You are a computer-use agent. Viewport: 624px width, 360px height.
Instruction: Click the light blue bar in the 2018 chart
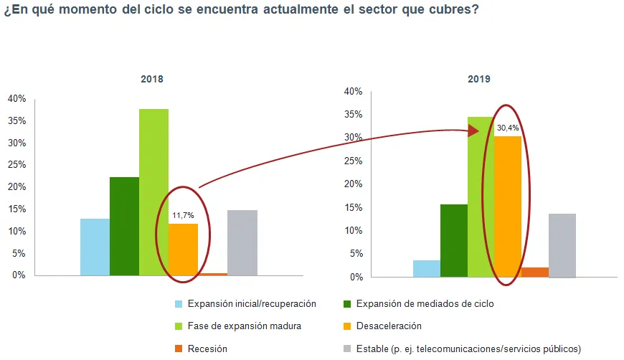(95, 247)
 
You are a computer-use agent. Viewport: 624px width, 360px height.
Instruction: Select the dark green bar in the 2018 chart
(125, 227)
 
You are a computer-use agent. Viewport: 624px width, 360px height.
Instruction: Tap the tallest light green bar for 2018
(154, 192)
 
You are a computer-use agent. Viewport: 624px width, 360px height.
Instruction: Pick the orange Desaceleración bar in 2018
(184, 250)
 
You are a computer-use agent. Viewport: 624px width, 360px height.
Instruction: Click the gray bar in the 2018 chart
(242, 242)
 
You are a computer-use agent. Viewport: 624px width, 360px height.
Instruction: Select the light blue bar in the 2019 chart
(427, 268)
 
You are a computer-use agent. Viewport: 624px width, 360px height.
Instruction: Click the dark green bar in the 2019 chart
(454, 241)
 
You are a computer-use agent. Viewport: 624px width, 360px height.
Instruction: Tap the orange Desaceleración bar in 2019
(508, 207)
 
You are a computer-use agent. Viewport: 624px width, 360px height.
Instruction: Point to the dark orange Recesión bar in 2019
(535, 273)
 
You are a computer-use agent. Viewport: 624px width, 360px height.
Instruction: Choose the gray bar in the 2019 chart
(562, 245)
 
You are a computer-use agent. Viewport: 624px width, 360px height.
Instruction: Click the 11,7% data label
(183, 216)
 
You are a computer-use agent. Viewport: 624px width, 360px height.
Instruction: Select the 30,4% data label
(508, 128)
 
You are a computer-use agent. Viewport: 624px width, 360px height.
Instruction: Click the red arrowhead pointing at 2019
(473, 131)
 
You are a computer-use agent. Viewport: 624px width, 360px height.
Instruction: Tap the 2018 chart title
(152, 79)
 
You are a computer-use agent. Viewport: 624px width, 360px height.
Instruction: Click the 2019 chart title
(479, 79)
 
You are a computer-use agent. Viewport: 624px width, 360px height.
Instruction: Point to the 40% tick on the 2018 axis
(16, 99)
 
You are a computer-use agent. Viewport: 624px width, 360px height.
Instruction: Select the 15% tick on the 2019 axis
(354, 208)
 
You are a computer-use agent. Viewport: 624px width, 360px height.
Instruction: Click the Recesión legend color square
(179, 349)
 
